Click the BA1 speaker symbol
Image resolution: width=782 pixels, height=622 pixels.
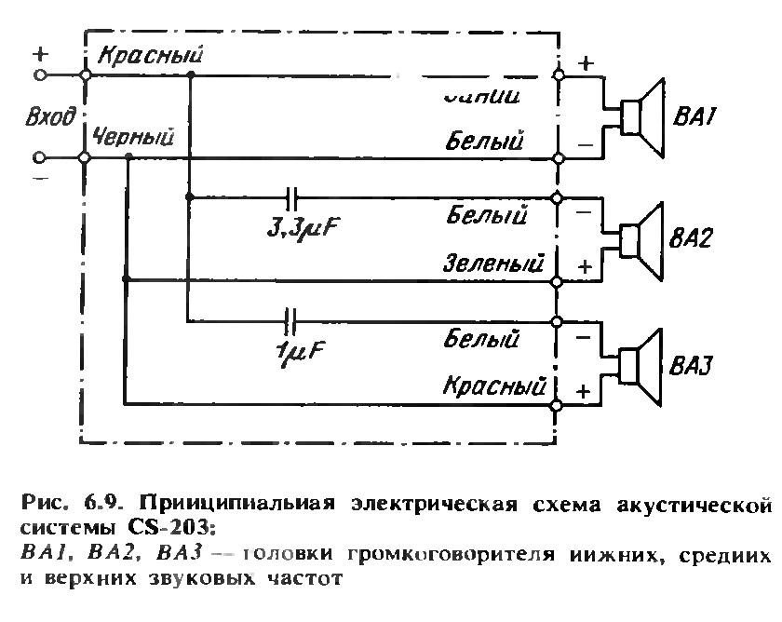[640, 116]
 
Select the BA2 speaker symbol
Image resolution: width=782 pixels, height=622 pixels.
[640, 240]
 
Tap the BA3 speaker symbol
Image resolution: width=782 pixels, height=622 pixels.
[640, 364]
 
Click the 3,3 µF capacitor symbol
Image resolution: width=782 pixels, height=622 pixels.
[292, 197]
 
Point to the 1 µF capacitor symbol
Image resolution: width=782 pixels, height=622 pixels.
[292, 321]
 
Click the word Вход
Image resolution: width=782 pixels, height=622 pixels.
[47, 117]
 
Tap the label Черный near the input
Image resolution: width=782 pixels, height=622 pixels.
[133, 138]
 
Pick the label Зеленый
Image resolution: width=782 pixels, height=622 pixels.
[494, 264]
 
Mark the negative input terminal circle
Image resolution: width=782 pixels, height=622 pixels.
[40, 158]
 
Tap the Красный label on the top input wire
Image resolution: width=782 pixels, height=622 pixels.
[150, 55]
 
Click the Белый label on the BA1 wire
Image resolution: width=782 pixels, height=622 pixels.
[484, 142]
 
